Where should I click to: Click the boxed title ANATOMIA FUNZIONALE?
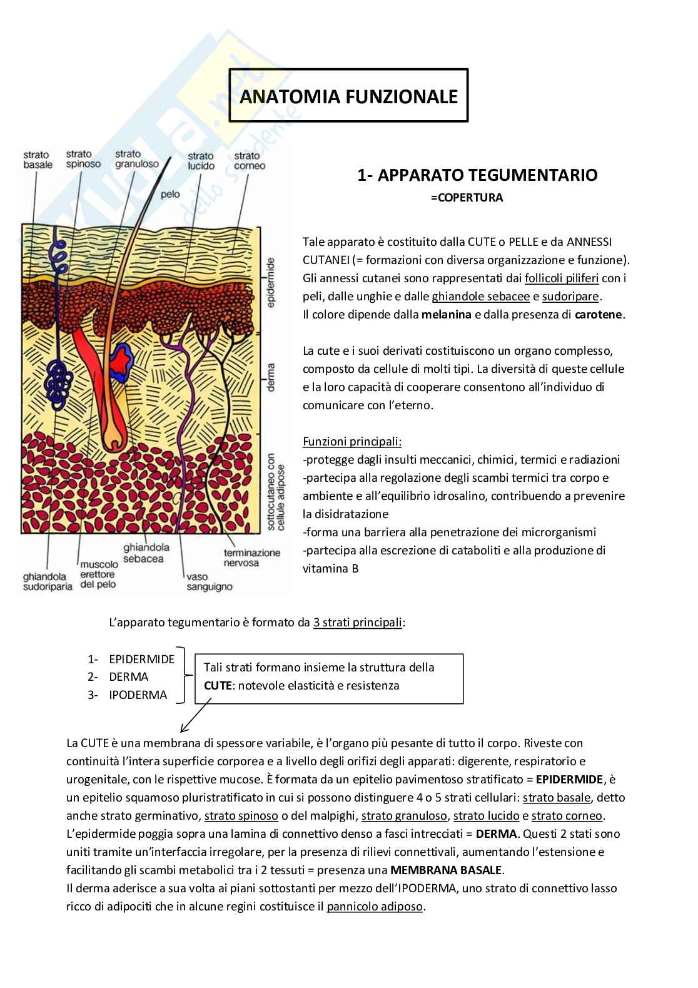click(348, 96)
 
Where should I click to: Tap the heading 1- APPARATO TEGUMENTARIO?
click(477, 175)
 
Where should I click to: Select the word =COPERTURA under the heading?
click(467, 198)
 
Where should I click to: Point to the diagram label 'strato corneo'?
click(250, 161)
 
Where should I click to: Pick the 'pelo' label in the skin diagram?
click(170, 194)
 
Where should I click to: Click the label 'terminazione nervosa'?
click(252, 558)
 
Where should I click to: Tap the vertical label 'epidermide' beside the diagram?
click(271, 282)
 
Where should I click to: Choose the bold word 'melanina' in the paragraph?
click(446, 315)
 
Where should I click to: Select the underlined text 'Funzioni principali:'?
click(352, 442)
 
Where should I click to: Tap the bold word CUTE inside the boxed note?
click(216, 686)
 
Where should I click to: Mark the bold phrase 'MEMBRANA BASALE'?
click(446, 870)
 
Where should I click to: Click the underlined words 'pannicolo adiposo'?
click(375, 907)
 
